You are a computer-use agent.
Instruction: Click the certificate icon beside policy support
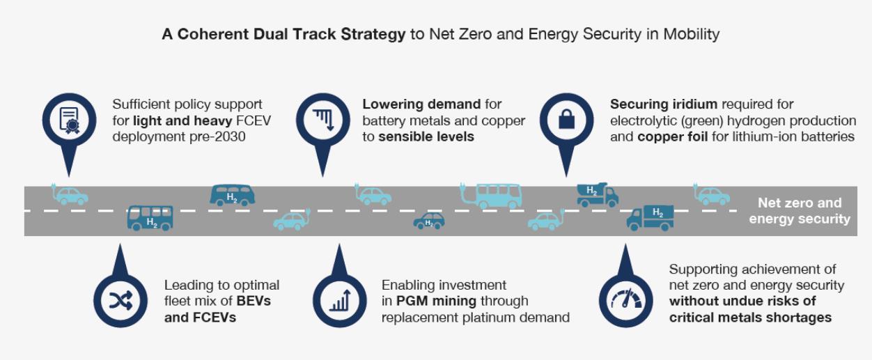point(69,120)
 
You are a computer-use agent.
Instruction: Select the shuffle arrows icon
point(120,300)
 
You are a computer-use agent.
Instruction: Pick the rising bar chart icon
point(340,300)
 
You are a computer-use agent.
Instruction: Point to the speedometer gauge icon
point(625,299)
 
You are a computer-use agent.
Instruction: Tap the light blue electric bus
point(490,196)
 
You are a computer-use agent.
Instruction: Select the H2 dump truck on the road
point(597,194)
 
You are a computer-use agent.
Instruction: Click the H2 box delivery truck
point(650,218)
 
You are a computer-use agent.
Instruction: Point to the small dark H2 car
point(428,221)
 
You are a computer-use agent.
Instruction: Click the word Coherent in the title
point(213,34)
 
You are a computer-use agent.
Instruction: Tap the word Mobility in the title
point(691,34)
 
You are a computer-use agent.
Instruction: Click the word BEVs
point(254,302)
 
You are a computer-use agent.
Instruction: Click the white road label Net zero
point(799,203)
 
